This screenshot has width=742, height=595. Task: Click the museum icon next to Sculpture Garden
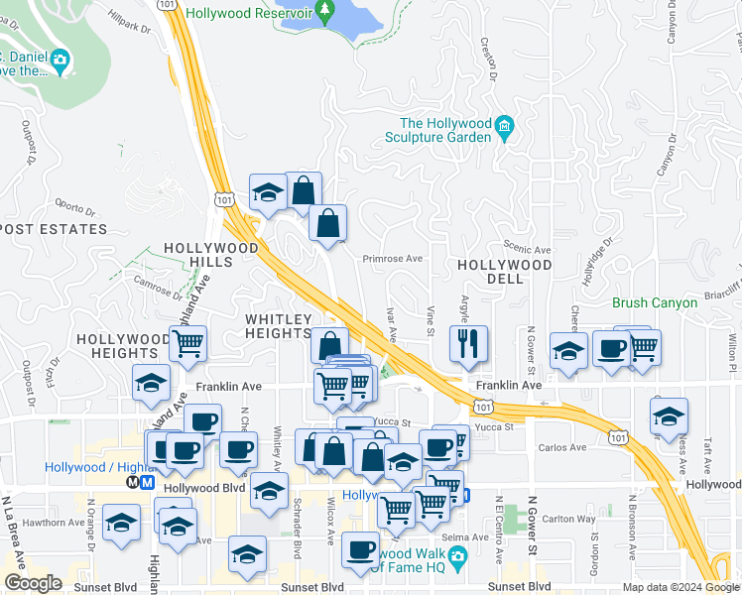[x=505, y=125]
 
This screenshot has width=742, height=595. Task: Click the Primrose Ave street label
[x=393, y=258]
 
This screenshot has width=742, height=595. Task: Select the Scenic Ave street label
[x=527, y=250]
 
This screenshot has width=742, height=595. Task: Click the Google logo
[x=33, y=583]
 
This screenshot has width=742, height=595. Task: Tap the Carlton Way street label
[x=568, y=518]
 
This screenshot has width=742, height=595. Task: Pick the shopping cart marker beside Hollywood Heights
[x=187, y=344]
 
